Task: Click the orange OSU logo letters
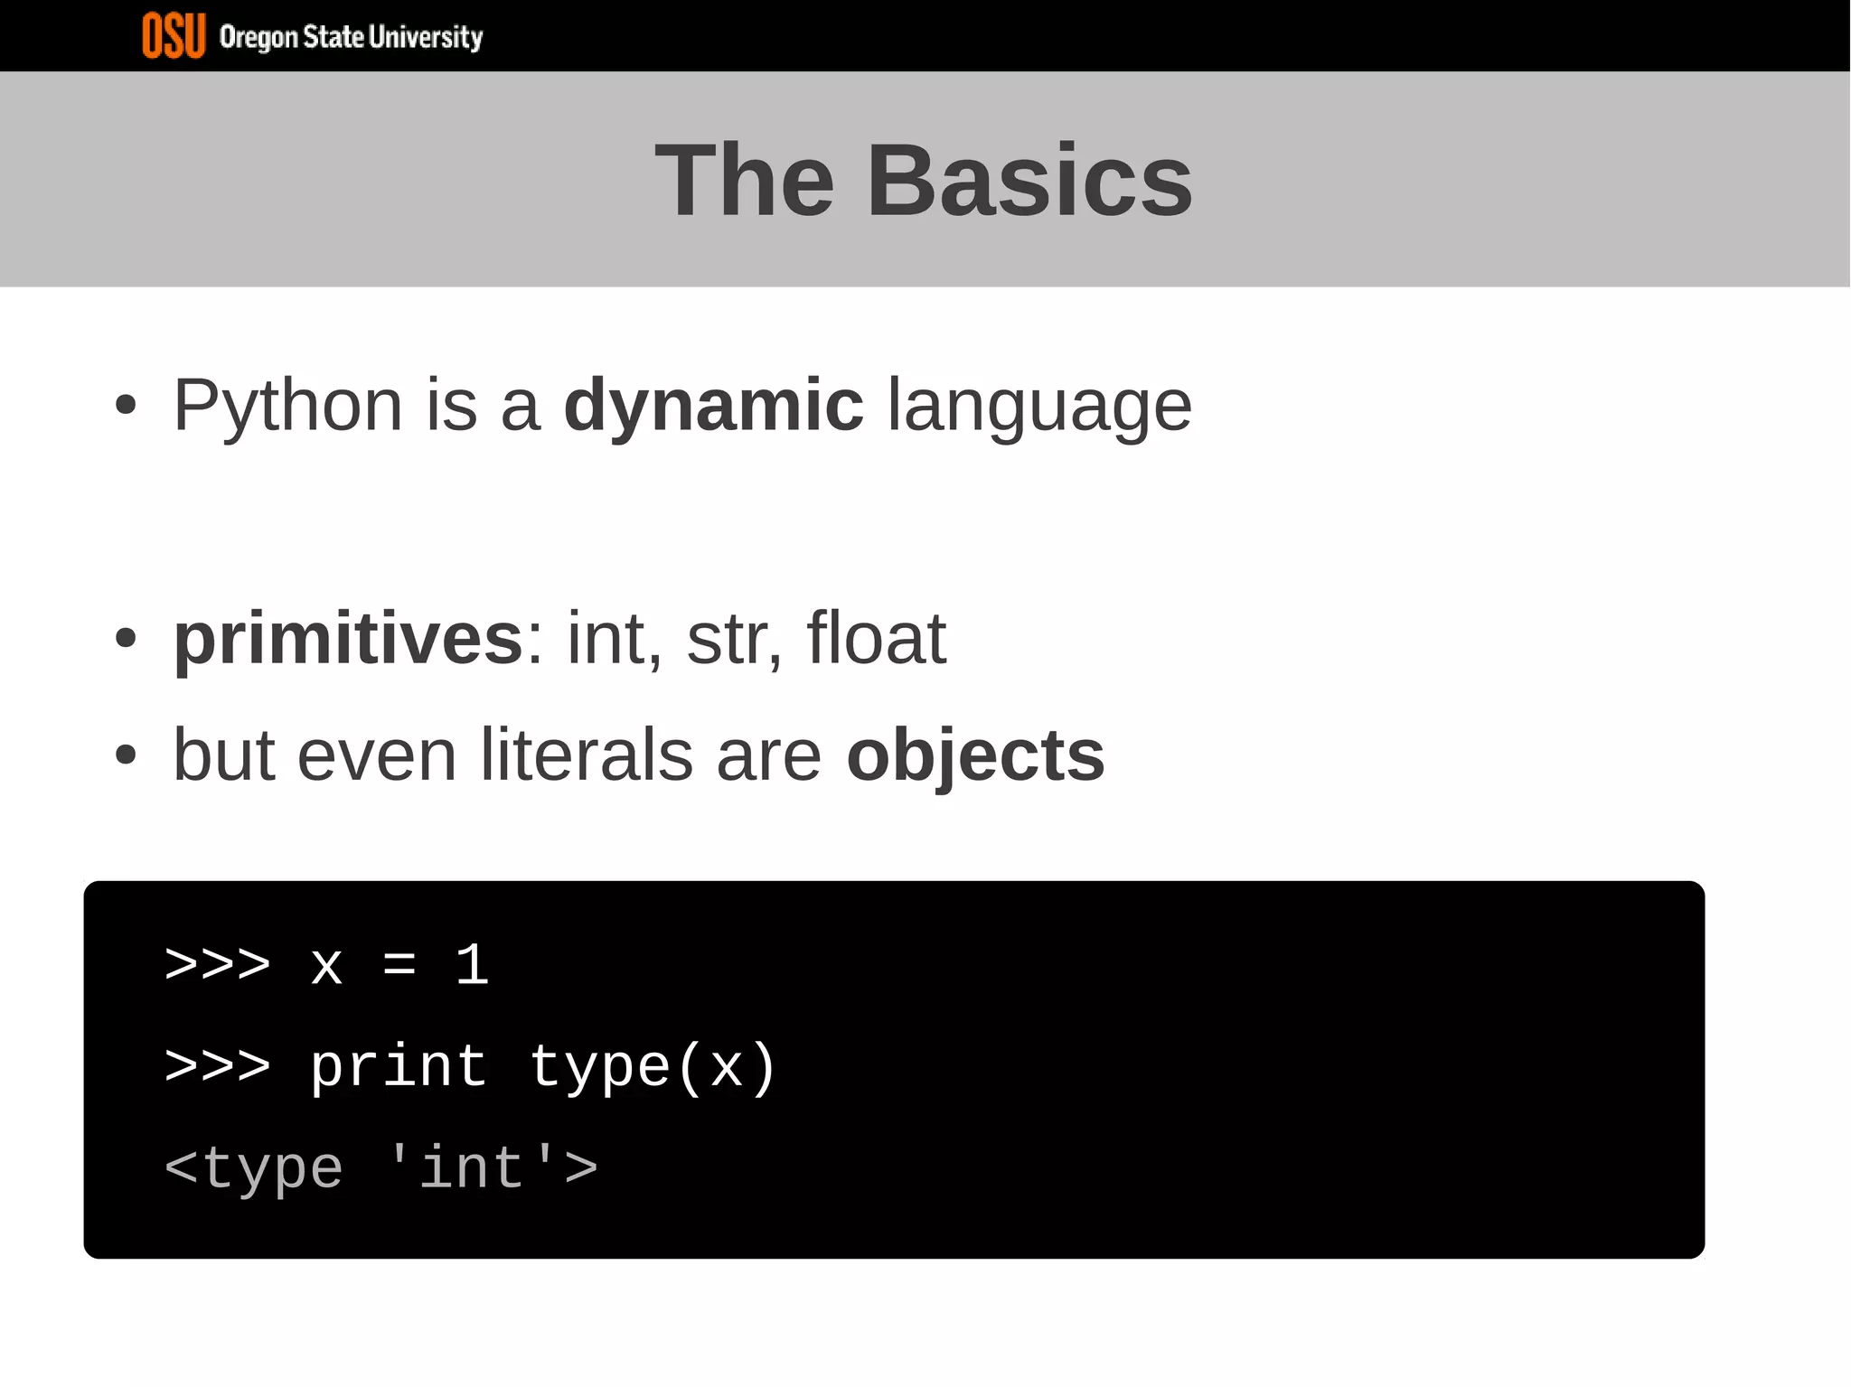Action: point(174,36)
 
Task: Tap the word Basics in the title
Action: point(1029,181)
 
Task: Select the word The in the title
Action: point(744,181)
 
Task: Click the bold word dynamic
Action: point(713,406)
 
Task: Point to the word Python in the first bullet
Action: point(287,406)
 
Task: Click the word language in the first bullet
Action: point(1039,406)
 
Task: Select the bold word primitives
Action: point(348,639)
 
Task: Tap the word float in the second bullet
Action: point(876,639)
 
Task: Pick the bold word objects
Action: point(975,755)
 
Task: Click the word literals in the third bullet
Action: point(586,755)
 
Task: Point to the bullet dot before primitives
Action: point(126,639)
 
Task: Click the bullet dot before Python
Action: point(126,406)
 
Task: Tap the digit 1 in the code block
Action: point(472,964)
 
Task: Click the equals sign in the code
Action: point(399,964)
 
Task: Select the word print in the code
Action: point(399,1067)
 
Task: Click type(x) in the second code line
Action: point(652,1067)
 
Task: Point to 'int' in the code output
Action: point(471,1167)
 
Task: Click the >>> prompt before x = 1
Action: point(218,964)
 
